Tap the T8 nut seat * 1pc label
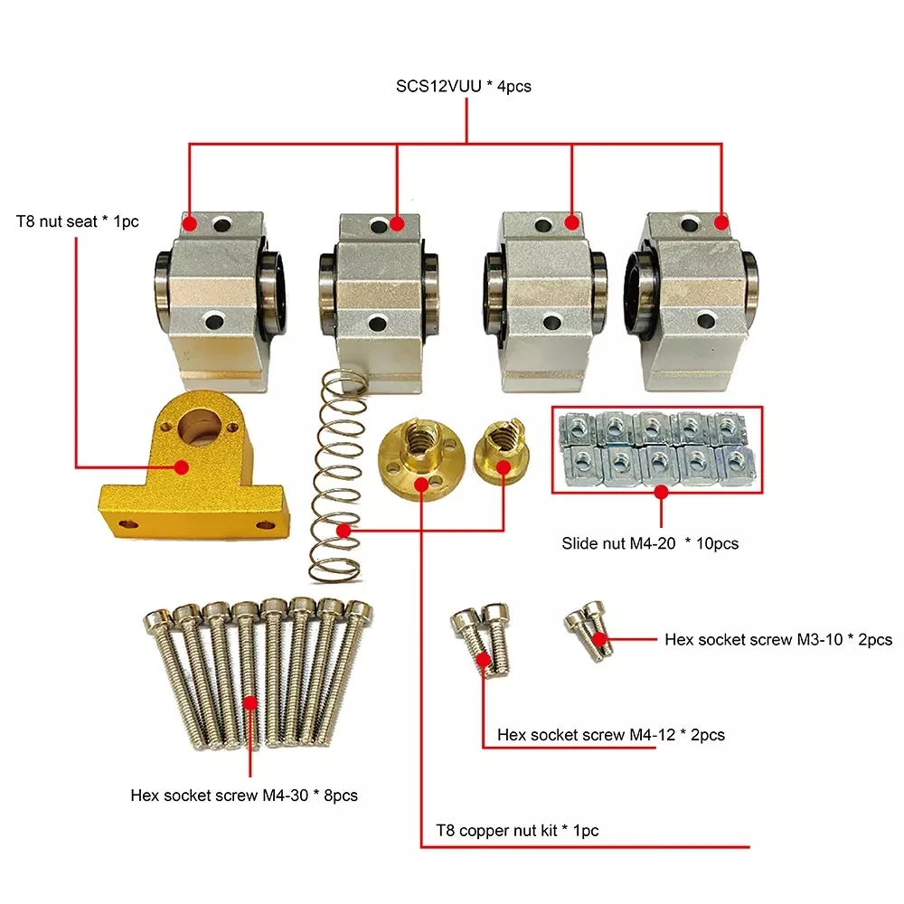77,221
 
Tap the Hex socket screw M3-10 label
778,640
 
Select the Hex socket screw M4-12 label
611,735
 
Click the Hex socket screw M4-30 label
244,796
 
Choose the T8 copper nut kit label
517,830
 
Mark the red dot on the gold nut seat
181,467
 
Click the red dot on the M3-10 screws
598,640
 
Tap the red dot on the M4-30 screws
251,702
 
